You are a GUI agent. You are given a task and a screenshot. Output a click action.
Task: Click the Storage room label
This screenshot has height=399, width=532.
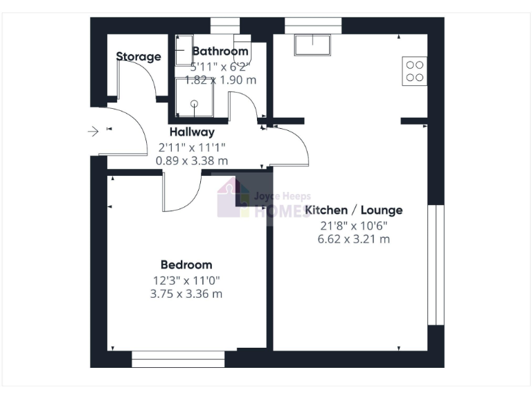[x=139, y=57]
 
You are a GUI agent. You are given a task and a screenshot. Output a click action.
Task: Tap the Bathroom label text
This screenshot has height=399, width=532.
[x=220, y=51]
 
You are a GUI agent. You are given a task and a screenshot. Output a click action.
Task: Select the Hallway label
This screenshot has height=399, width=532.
[x=192, y=132]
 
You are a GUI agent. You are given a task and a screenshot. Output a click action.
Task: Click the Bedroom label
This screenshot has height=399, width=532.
[x=186, y=265]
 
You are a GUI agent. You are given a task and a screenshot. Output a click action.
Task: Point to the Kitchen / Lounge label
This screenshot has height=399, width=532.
[x=353, y=211]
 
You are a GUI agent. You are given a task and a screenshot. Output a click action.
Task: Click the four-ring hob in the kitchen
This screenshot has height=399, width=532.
[x=414, y=71]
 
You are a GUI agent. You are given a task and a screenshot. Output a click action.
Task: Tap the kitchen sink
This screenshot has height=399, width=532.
[x=314, y=45]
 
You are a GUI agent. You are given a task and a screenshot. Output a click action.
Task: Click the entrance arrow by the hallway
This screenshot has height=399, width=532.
[x=95, y=130]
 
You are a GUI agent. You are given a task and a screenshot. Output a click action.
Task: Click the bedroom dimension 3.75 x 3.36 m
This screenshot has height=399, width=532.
[x=186, y=294]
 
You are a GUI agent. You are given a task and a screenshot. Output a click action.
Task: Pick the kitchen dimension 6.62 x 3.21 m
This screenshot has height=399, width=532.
[x=353, y=240]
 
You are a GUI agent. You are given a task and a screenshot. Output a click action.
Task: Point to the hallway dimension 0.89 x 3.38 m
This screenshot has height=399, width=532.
[x=192, y=161]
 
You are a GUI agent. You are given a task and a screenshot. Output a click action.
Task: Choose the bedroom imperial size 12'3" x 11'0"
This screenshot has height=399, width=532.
[x=186, y=280]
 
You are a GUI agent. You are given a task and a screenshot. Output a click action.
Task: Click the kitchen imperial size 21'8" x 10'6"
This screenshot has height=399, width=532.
[x=353, y=226]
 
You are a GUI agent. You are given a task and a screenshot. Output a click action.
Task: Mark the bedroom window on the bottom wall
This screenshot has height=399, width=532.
[x=178, y=358]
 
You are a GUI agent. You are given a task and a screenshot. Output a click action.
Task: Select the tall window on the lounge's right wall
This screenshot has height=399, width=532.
[x=435, y=265]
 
